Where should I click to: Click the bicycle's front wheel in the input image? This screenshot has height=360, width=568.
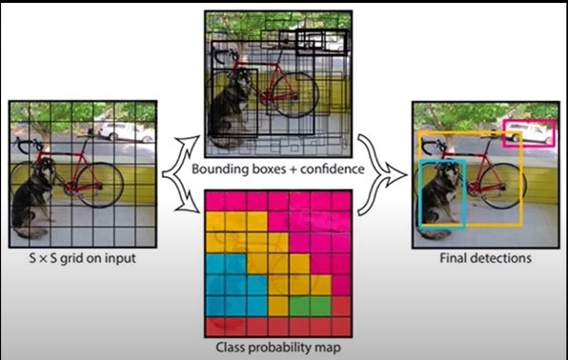(x=97, y=184)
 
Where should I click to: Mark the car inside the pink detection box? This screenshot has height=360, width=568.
(x=522, y=134)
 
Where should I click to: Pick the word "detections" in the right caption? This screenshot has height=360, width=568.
(x=500, y=257)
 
